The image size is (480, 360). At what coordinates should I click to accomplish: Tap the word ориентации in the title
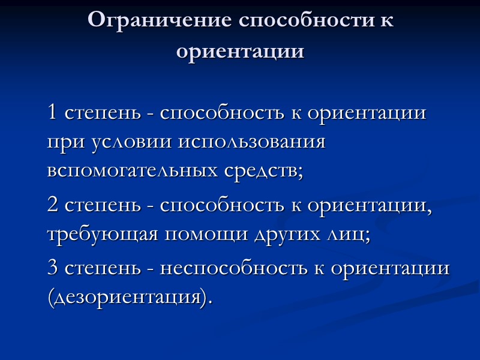tap(240, 51)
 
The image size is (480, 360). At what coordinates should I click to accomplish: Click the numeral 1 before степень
tap(53, 113)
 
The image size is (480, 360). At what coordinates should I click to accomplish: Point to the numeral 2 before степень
tap(53, 206)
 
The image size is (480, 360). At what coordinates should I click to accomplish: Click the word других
tap(288, 235)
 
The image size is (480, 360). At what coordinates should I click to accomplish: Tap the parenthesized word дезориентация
tap(130, 297)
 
